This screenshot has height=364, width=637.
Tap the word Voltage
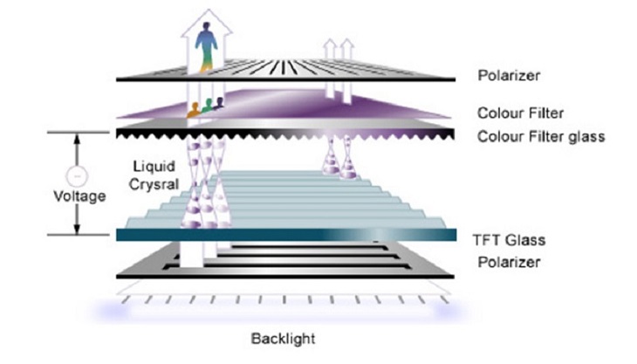[79, 196]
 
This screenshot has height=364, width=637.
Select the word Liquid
[150, 165]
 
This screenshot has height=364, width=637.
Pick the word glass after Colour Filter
[585, 136]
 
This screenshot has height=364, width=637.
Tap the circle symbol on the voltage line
[77, 175]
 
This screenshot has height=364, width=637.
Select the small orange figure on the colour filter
[193, 110]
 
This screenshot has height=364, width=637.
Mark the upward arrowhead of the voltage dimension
[77, 138]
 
